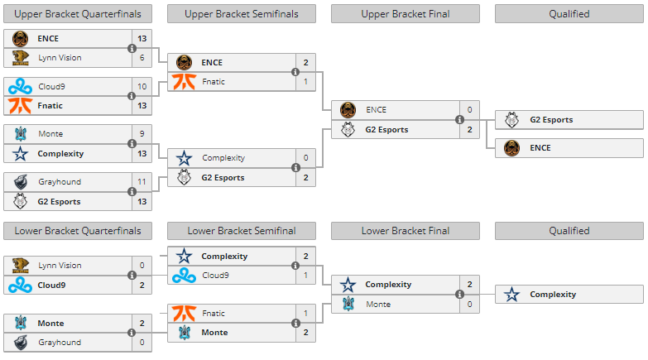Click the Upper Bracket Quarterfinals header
[78, 13]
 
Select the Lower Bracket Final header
[406, 231]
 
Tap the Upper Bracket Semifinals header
[242, 13]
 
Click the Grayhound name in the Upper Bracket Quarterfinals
[55, 181]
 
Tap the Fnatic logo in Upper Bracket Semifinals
[183, 82]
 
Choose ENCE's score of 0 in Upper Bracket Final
[469, 110]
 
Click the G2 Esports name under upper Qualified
[551, 119]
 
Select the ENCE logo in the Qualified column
[512, 148]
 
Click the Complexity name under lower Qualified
[553, 294]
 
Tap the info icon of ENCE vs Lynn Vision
[132, 48]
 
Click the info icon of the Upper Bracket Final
[459, 120]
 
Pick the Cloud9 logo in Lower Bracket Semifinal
[183, 276]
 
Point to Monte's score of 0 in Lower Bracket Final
[469, 305]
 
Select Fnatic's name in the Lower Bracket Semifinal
[214, 314]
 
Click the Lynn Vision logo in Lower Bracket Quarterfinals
[20, 266]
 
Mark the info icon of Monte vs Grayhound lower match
[132, 333]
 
